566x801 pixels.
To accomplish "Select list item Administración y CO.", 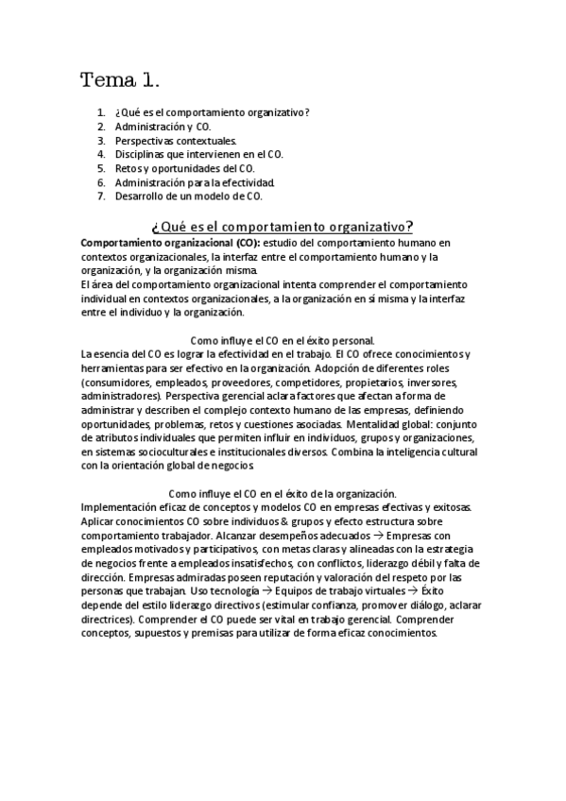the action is click(163, 126).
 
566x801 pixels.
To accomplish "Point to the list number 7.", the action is click(100, 196).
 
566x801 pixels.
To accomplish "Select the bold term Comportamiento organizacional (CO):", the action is click(162, 243).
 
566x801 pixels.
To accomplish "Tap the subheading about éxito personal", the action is click(283, 340).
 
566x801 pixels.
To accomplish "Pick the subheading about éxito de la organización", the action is click(283, 494).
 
